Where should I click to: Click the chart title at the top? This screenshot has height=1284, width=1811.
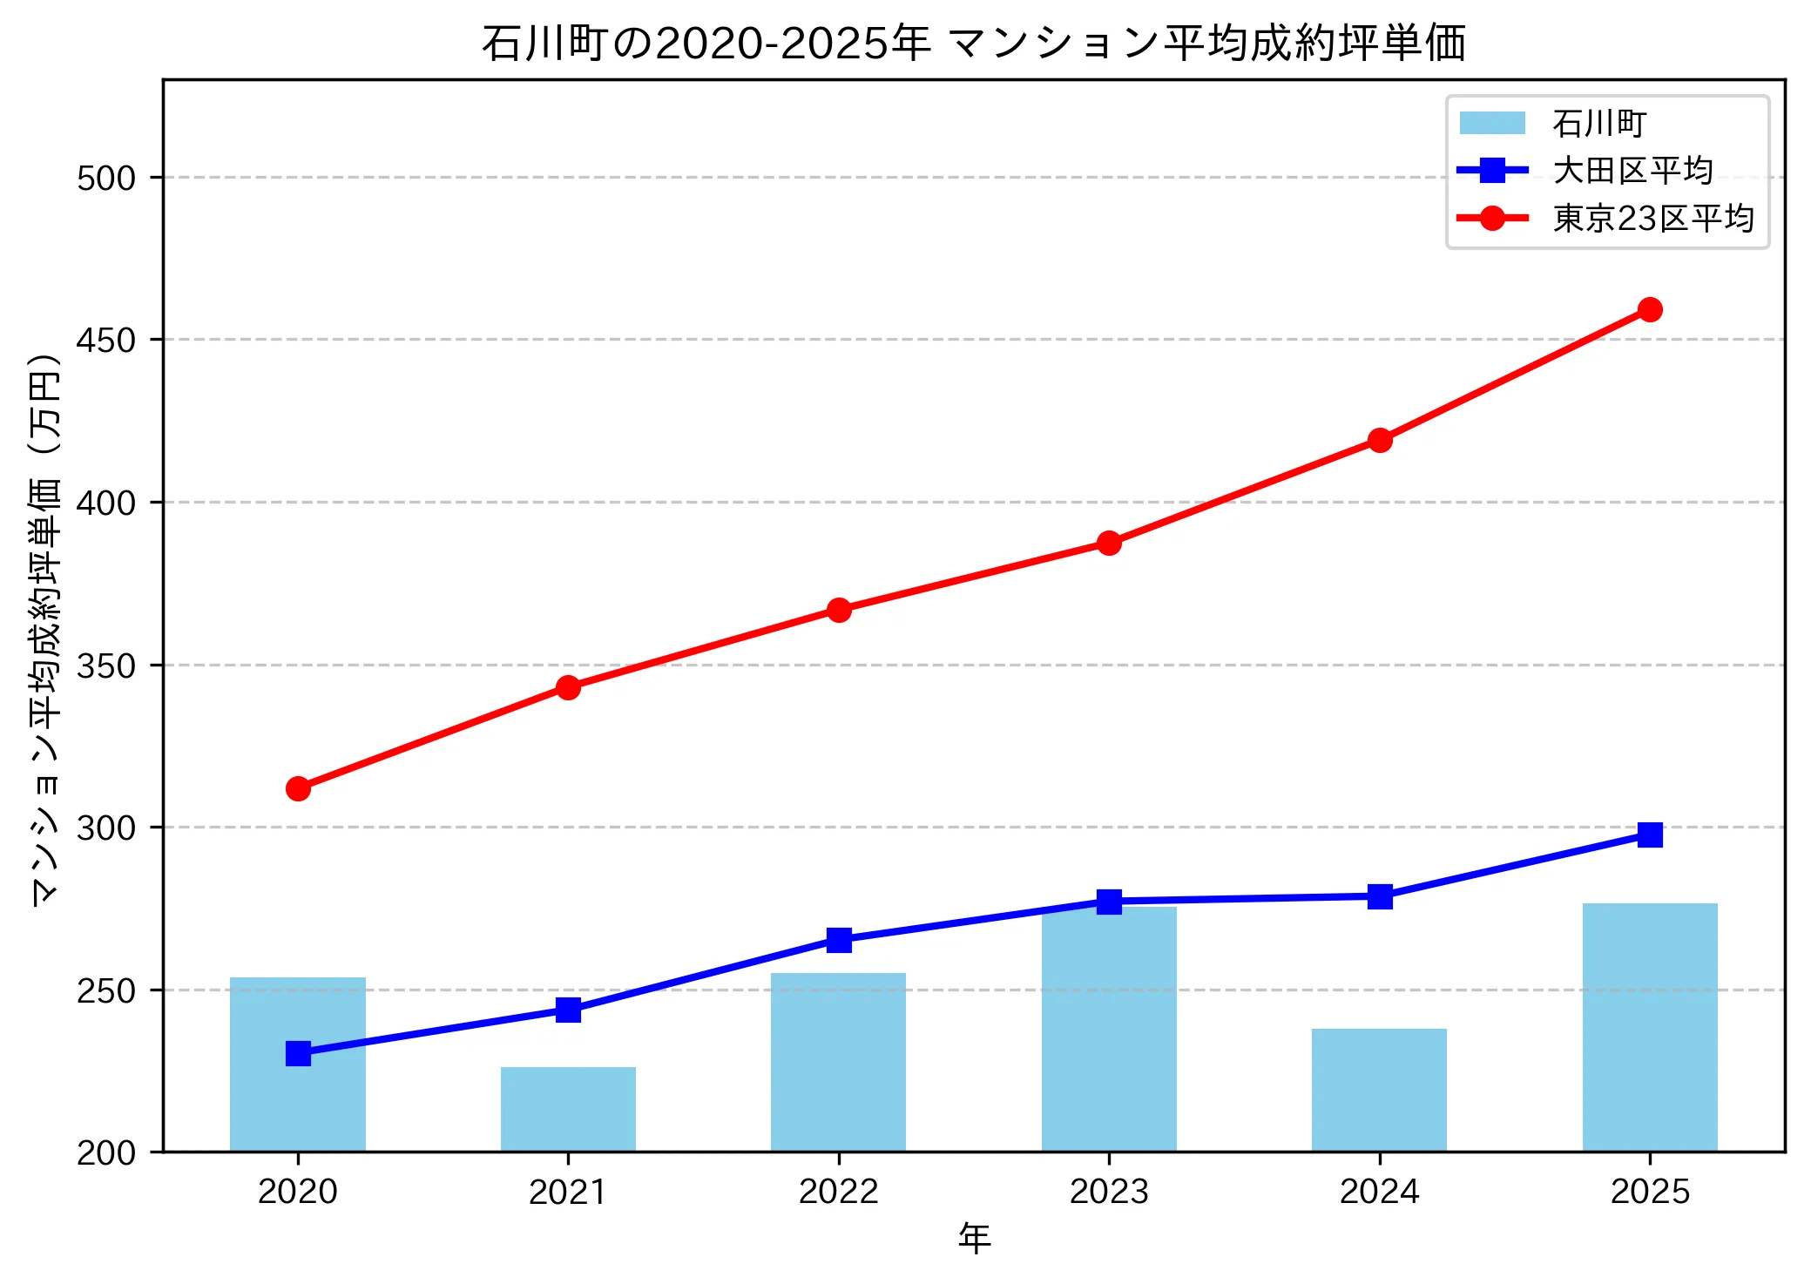[x=974, y=44]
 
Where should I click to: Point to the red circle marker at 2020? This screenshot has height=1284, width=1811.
[x=298, y=788]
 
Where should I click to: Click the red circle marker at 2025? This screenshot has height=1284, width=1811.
[x=1650, y=309]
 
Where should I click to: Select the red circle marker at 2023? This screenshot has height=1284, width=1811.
[x=1109, y=543]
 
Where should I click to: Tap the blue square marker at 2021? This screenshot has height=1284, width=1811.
[x=568, y=1010]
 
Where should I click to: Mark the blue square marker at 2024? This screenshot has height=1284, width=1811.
[x=1380, y=896]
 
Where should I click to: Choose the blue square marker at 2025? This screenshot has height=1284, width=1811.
[x=1650, y=835]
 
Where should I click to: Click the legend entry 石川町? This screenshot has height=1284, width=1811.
[x=1598, y=124]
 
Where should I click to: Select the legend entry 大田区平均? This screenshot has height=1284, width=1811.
[x=1632, y=171]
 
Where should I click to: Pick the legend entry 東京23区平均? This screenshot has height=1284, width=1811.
[x=1652, y=219]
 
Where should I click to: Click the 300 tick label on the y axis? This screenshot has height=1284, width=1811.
[x=106, y=828]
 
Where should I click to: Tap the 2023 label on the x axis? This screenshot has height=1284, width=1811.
[x=1109, y=1192]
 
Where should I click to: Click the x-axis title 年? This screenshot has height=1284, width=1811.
[x=974, y=1239]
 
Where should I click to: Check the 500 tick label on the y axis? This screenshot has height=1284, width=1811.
[x=106, y=178]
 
